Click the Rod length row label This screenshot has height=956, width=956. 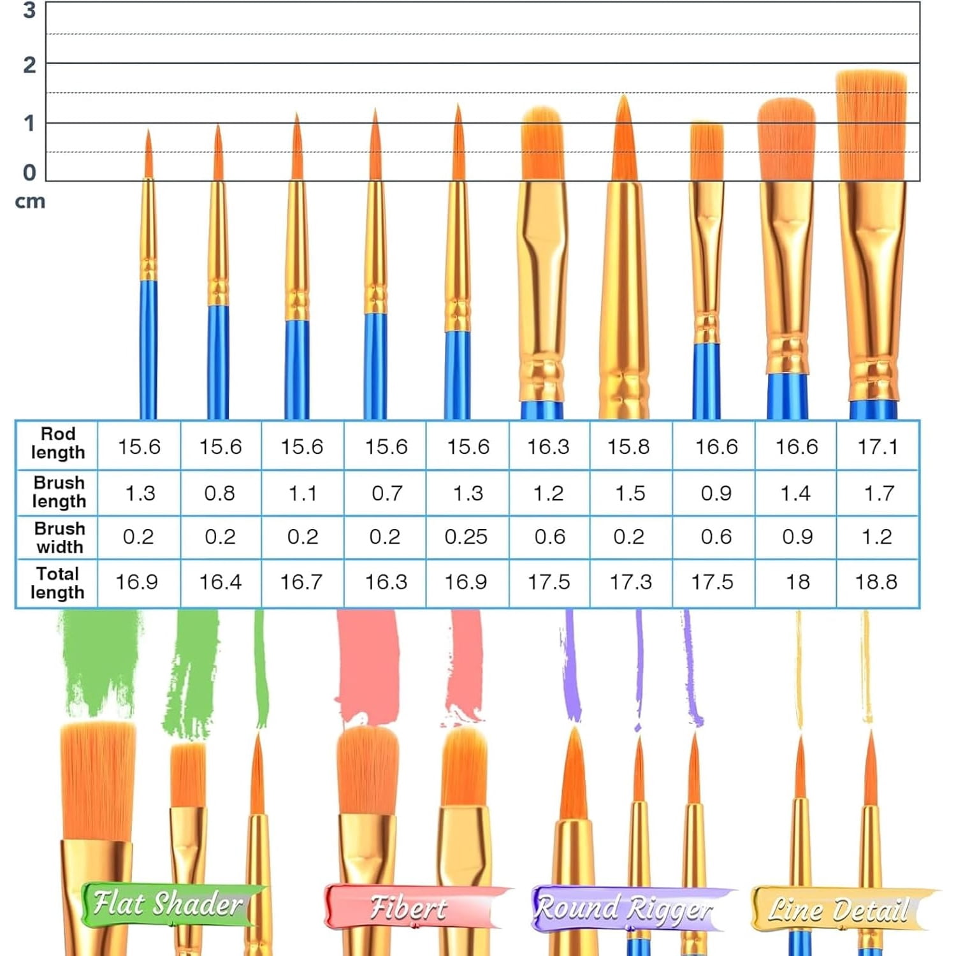[58, 443]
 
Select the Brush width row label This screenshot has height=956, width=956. [59, 537]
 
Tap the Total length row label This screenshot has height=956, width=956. [57, 583]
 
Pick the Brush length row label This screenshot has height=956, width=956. [59, 491]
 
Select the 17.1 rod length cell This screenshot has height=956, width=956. [878, 447]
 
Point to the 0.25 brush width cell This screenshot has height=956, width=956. [466, 537]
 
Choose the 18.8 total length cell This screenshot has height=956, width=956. [876, 582]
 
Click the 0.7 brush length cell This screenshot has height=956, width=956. [387, 493]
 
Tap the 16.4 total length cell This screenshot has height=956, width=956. [221, 582]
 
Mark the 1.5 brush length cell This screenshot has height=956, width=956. [630, 493]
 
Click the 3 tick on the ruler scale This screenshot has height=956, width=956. [29, 10]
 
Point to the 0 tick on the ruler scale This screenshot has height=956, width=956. [29, 173]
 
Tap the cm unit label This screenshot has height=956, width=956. [30, 201]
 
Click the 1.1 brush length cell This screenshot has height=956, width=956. [303, 493]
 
